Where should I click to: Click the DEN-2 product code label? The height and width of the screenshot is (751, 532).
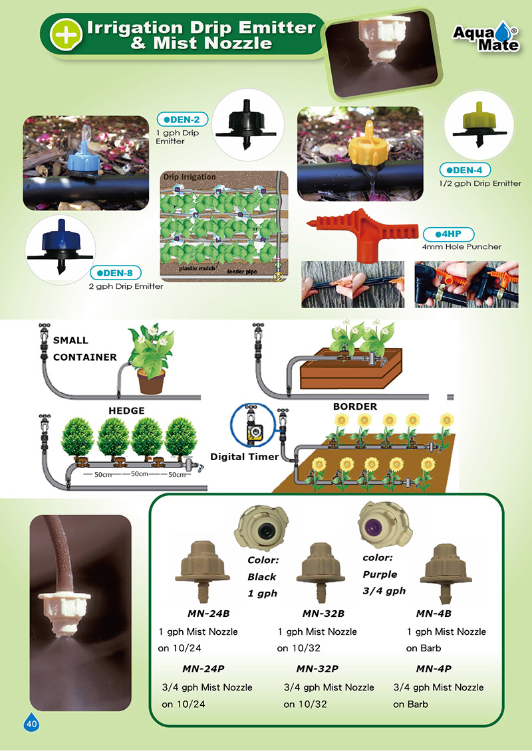182,120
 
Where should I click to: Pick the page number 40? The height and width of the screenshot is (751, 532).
31,724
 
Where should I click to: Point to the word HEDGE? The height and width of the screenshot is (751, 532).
126,411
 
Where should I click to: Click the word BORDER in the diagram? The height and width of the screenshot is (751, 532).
354,406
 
